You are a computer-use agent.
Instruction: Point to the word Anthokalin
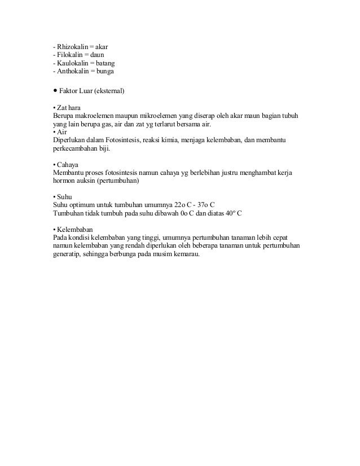tap(73, 72)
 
